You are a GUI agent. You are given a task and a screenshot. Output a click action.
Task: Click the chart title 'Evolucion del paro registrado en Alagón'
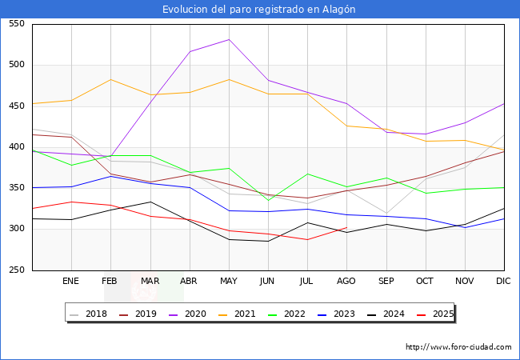point(259,9)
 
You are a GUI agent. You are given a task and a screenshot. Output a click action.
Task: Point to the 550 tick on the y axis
point(15,24)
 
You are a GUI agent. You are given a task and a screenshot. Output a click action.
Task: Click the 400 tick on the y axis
point(15,147)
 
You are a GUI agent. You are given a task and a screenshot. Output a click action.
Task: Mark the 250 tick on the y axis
point(15,270)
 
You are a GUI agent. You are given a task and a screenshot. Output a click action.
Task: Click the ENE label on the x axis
point(71,282)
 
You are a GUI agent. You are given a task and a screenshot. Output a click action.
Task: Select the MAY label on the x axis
point(229,282)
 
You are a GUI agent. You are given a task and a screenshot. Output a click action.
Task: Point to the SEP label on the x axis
point(386,282)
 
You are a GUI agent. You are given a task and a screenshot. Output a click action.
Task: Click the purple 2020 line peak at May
point(229,39)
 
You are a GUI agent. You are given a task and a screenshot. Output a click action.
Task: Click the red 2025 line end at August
point(346,228)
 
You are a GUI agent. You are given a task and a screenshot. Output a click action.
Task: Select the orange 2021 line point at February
point(110,79)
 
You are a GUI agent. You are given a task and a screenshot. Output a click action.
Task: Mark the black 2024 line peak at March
point(150,202)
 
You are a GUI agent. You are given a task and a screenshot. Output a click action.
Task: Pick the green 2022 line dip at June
point(268,200)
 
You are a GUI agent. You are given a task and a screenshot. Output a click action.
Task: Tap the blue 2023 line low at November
point(465,227)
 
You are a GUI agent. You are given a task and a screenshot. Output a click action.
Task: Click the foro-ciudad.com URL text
point(458,347)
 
